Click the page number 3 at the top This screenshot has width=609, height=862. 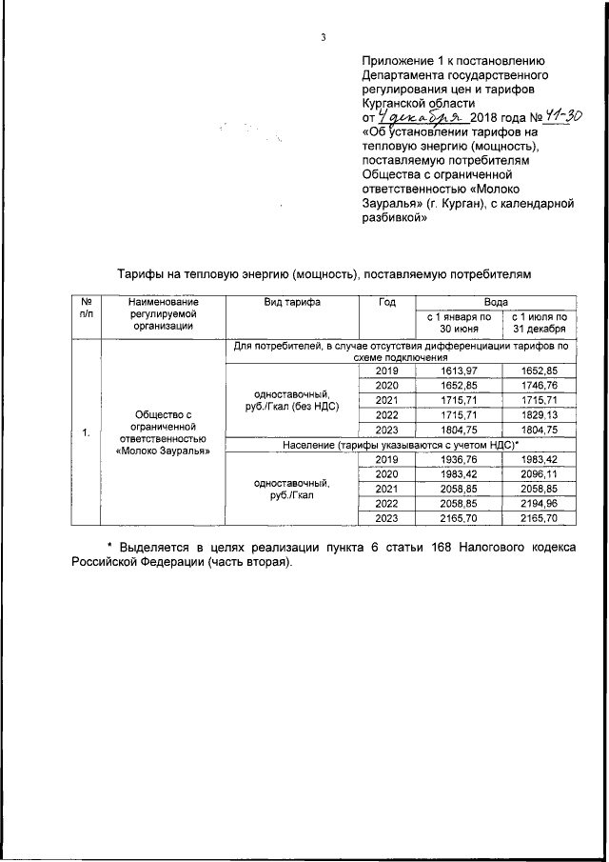[323, 38]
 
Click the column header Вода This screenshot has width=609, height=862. [496, 302]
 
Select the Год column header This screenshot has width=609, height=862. [386, 302]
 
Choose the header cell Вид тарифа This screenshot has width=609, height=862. [291, 302]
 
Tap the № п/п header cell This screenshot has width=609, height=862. [87, 308]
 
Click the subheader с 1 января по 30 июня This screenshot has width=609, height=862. [459, 322]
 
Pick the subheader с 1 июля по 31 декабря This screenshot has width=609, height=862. [540, 322]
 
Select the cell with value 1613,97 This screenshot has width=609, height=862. [459, 371]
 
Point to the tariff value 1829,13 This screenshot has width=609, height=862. [540, 416]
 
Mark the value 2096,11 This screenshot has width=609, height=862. [540, 474]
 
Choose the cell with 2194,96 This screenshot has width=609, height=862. [540, 504]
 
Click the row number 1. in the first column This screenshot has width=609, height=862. [87, 433]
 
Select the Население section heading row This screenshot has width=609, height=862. [400, 446]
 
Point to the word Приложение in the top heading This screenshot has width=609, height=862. [400, 59]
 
